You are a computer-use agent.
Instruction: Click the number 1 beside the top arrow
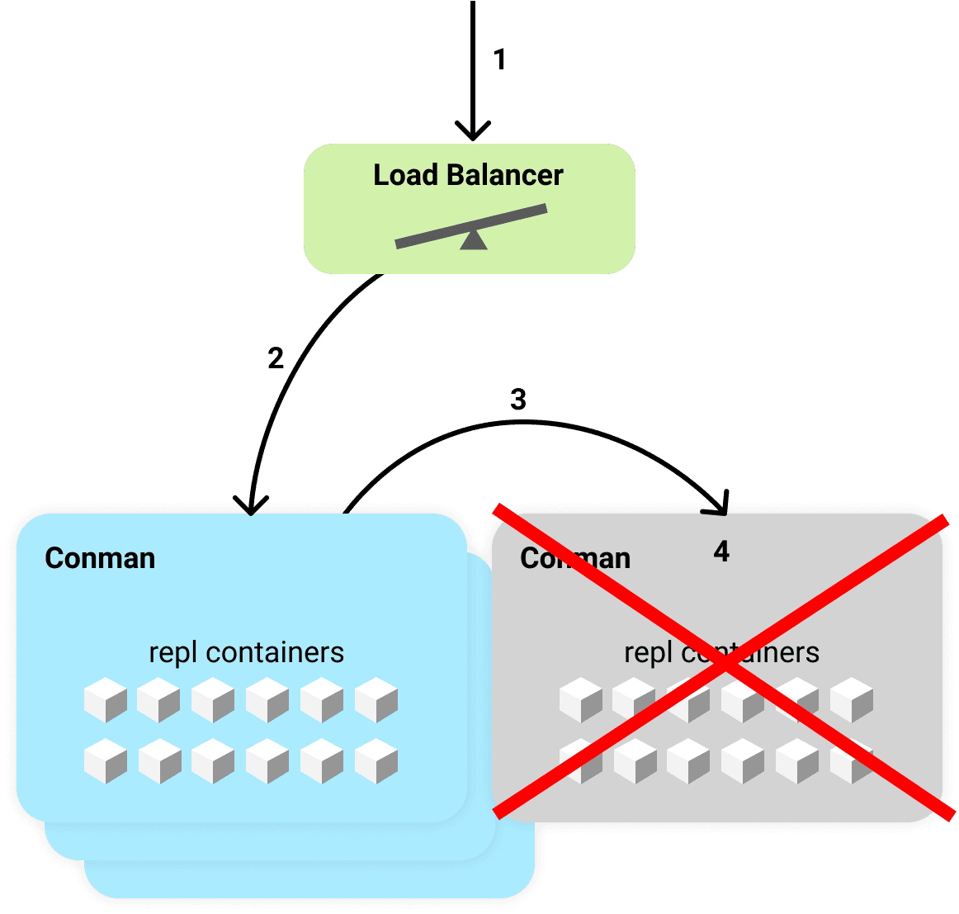click(498, 59)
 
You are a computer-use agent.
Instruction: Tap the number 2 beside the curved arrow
click(276, 358)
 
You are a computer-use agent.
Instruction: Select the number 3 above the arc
click(518, 400)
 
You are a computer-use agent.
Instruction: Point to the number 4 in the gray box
click(721, 552)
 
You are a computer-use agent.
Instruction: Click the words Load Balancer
click(468, 175)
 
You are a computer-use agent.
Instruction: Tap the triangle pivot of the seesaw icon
click(473, 240)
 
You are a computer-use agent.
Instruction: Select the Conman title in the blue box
click(100, 558)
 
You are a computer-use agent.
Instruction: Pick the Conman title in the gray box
click(575, 558)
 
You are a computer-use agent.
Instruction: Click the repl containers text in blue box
click(246, 652)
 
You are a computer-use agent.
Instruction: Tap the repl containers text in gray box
click(721, 652)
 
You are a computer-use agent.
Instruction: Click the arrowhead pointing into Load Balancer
click(473, 132)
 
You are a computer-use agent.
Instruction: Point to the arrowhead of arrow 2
click(251, 504)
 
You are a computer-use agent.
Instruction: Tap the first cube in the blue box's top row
click(106, 700)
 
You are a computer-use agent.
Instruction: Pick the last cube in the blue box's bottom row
click(376, 761)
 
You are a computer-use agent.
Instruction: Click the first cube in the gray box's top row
click(581, 700)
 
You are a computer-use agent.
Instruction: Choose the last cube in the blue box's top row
click(376, 700)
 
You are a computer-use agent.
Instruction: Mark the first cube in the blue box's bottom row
click(106, 761)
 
